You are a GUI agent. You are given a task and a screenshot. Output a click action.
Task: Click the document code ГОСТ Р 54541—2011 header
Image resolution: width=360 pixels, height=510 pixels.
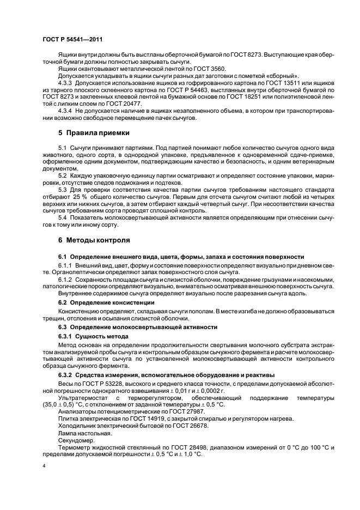(72, 40)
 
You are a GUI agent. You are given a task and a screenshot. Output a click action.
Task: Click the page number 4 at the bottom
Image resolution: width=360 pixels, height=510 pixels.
(44, 466)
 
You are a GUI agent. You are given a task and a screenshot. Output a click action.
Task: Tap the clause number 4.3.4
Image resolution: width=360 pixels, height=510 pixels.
(67, 111)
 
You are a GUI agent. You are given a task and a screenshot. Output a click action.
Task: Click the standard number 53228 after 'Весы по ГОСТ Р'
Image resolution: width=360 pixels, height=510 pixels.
(108, 384)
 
